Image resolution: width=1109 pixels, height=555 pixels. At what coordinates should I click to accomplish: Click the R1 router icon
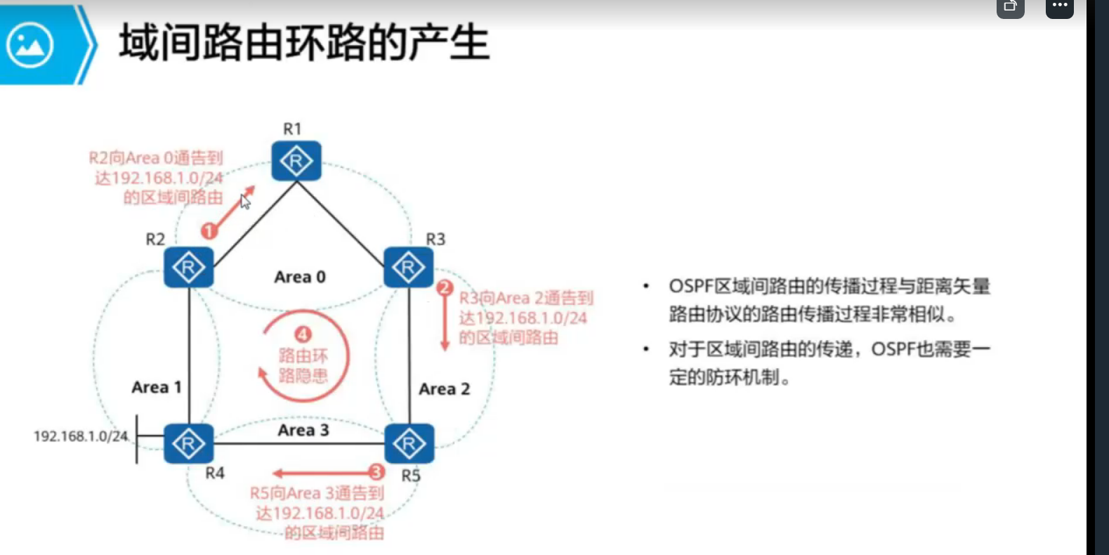point(296,161)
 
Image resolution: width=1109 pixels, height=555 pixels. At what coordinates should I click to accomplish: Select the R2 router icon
point(188,267)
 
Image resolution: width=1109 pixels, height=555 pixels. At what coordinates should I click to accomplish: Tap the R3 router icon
point(409,267)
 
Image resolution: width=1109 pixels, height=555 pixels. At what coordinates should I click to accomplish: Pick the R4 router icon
point(188,443)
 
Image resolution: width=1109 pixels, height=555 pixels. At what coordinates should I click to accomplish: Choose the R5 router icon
point(409,443)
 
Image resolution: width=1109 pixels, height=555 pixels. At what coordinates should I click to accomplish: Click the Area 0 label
point(300,277)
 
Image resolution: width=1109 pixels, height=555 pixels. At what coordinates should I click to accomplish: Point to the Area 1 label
point(156,387)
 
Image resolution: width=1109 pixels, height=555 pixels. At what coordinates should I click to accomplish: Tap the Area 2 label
point(444,388)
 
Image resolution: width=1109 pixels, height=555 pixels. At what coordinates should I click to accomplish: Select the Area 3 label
point(303,430)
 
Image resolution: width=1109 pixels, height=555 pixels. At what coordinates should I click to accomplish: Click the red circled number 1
point(209,230)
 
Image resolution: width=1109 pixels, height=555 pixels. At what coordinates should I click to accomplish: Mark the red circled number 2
point(445,287)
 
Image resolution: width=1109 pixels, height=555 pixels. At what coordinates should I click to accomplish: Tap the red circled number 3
point(376,472)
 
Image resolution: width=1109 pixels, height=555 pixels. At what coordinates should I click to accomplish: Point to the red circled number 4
point(303,334)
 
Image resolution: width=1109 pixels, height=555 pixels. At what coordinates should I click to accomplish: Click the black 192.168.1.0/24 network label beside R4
point(81,436)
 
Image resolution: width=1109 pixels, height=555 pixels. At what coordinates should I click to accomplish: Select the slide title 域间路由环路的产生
point(304,42)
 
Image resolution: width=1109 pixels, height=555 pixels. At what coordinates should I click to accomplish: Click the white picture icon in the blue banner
point(29,45)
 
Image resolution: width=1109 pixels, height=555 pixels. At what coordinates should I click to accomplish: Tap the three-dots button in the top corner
point(1060,6)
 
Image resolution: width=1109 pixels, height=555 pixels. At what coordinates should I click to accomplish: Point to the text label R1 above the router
point(292,129)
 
